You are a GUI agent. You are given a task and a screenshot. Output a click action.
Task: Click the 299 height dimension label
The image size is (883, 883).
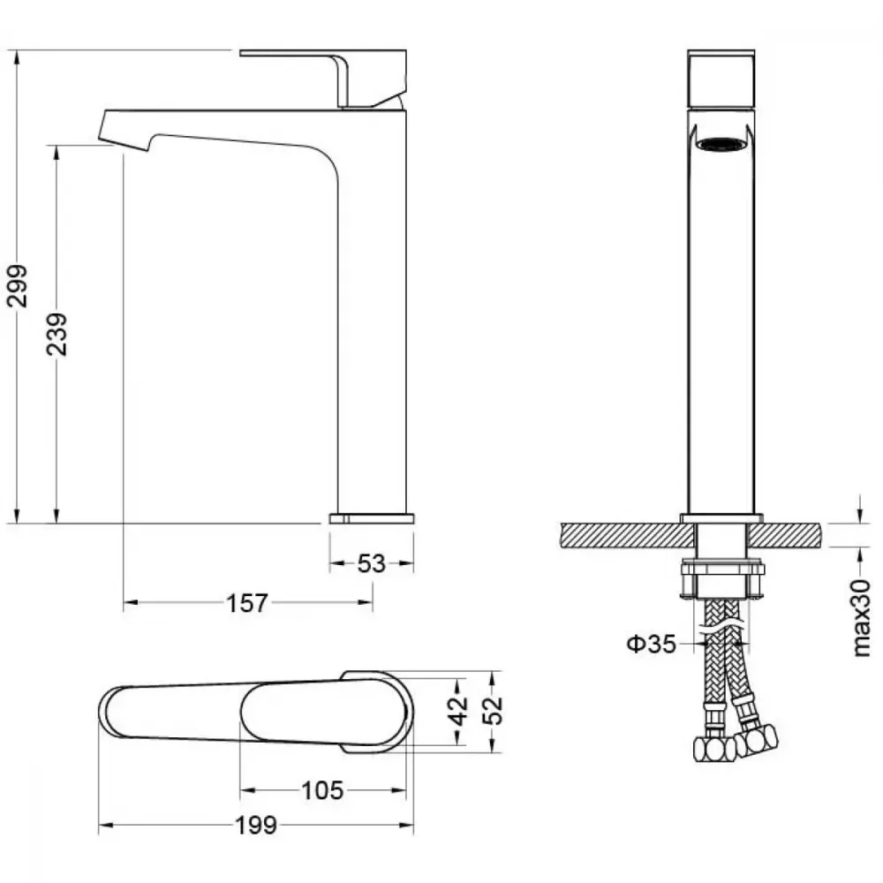click(17, 285)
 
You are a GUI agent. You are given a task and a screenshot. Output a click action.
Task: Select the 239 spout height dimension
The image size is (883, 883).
click(57, 334)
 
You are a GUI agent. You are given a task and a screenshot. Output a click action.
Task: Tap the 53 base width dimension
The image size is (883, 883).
click(371, 563)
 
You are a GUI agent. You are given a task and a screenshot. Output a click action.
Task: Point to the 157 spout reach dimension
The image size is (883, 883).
click(247, 603)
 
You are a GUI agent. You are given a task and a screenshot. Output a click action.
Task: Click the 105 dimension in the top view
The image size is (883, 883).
click(322, 790)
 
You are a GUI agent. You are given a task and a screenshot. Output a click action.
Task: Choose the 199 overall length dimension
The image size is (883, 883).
click(256, 826)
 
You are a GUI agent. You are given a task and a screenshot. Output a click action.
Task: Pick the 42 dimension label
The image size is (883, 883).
click(459, 710)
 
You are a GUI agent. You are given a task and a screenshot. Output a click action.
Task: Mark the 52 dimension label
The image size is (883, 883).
click(493, 710)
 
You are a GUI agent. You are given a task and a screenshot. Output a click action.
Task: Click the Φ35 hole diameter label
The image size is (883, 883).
click(652, 644)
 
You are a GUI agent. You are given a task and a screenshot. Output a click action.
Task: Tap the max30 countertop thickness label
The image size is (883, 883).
click(862, 618)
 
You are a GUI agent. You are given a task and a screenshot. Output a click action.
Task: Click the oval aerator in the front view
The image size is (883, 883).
click(721, 145)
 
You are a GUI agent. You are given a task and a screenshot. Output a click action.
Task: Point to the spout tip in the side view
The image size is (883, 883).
click(125, 131)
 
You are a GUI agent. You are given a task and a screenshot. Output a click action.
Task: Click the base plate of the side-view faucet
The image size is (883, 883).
click(372, 518)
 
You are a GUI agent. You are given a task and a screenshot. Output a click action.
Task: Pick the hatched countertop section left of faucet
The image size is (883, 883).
click(628, 534)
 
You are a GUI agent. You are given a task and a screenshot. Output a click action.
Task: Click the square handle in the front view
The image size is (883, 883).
click(721, 79)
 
